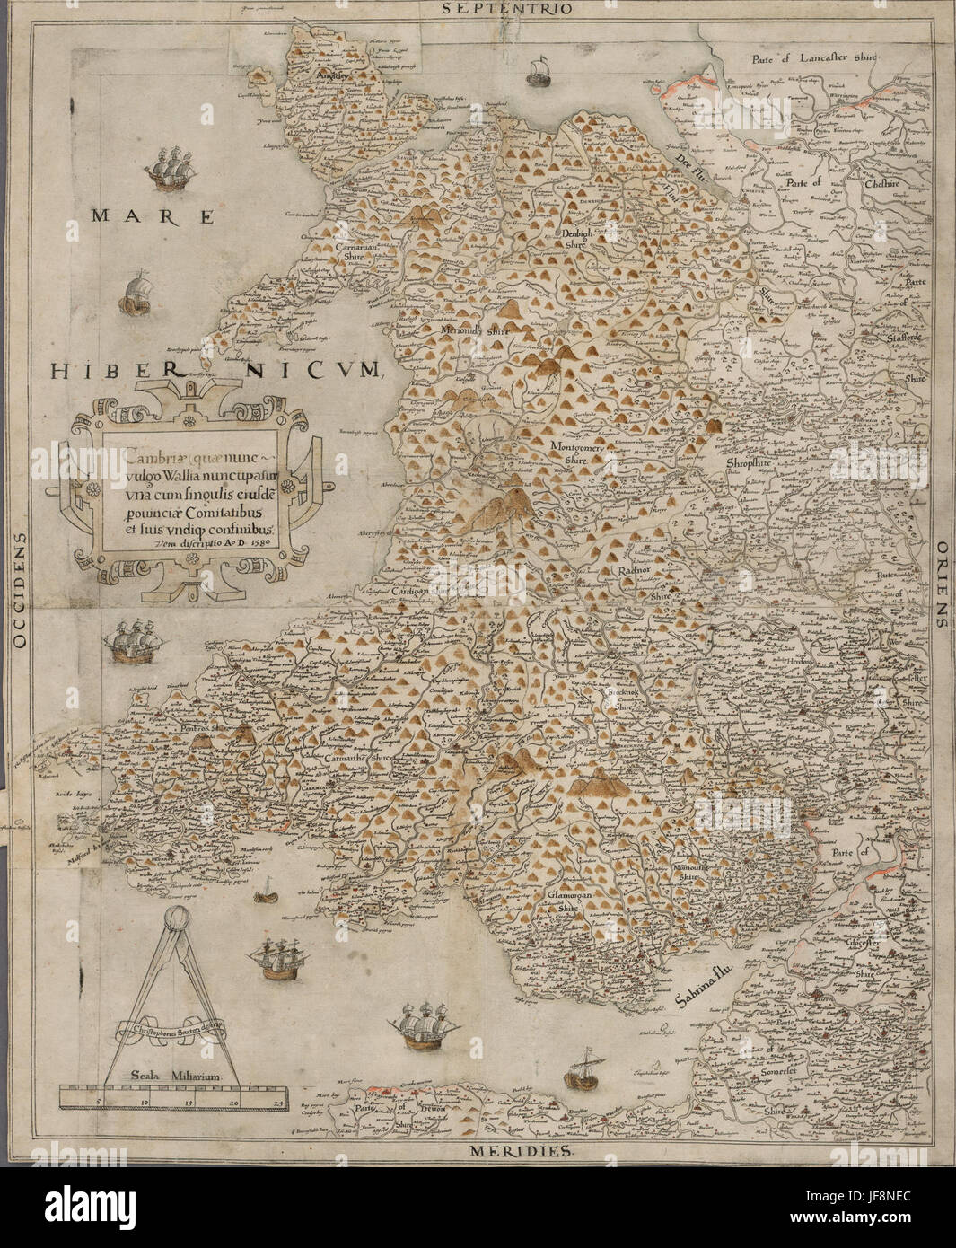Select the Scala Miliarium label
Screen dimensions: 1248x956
[x=171, y=1074]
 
